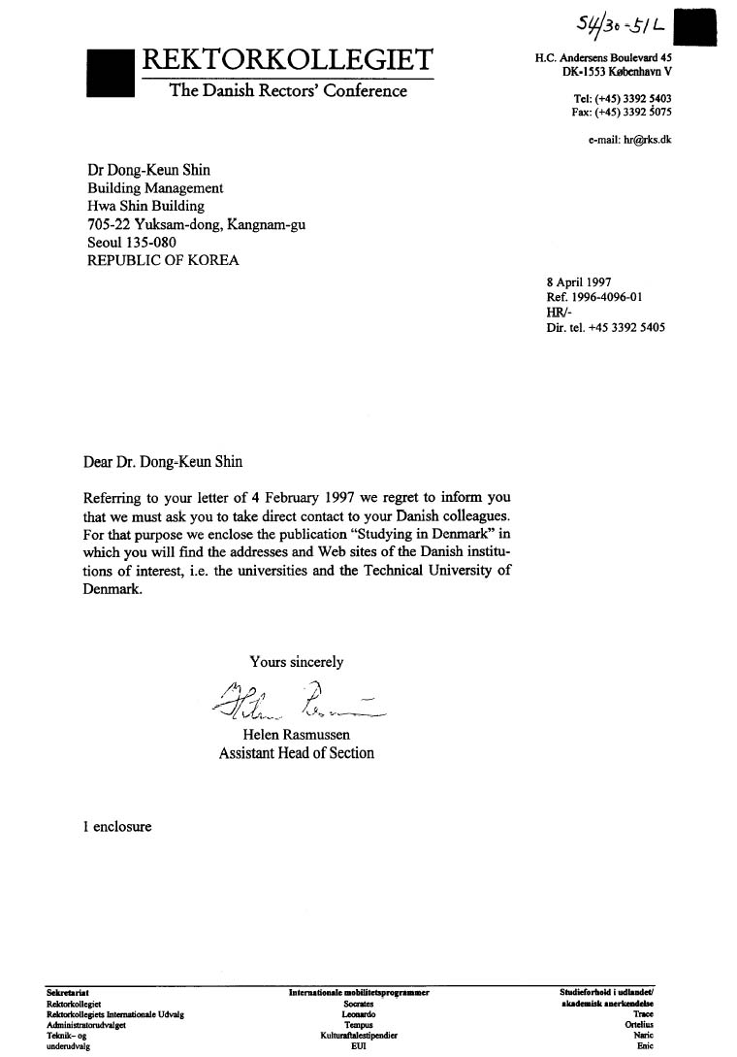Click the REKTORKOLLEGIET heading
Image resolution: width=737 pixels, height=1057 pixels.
[288, 59]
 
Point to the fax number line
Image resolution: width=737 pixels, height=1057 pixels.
[622, 112]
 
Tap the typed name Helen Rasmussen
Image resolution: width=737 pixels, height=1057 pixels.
[296, 735]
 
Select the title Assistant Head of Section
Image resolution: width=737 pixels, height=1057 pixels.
[296, 753]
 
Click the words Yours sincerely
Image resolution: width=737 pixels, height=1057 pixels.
[296, 662]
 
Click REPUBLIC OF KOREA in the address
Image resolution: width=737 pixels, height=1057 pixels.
[163, 260]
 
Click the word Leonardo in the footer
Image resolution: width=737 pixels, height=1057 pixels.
[359, 1014]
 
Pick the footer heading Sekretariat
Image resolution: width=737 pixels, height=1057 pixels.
[67, 993]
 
